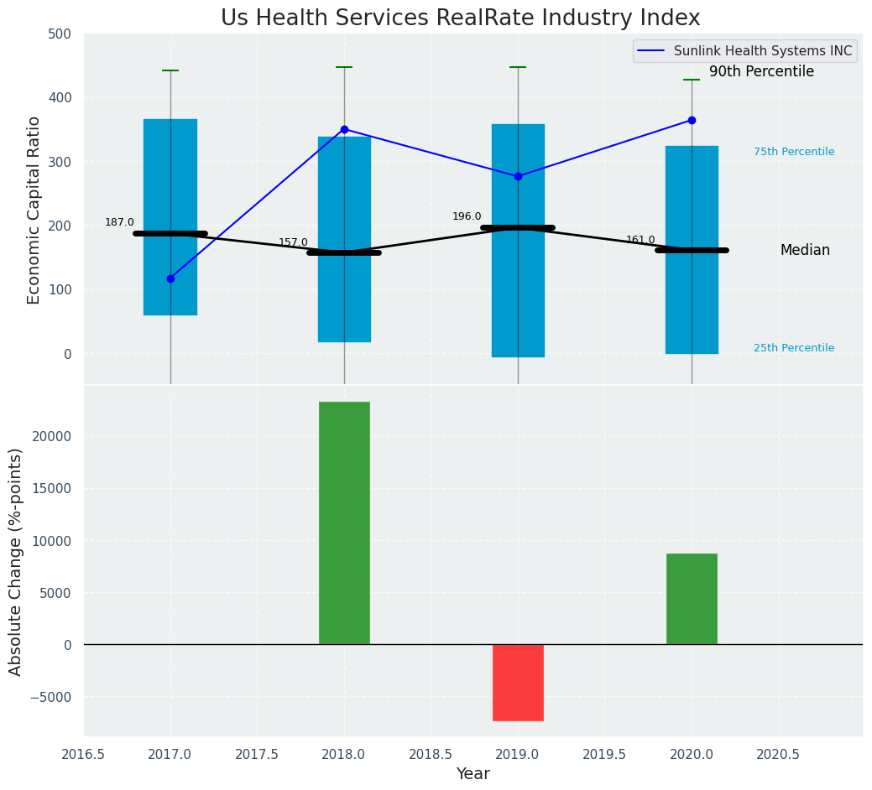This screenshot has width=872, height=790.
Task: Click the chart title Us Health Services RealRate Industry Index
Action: tap(460, 18)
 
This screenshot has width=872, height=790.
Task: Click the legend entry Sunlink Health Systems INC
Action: tap(762, 51)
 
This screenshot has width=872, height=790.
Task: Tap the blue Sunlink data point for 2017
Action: tap(170, 278)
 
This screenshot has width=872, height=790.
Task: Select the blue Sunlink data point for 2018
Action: tap(344, 129)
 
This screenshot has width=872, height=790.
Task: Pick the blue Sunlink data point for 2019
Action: tap(518, 176)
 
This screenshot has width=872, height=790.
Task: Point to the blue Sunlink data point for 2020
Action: tap(692, 120)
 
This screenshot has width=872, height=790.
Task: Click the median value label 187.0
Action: tap(119, 222)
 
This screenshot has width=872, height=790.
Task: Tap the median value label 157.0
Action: tap(293, 242)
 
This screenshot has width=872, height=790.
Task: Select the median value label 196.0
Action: tap(467, 216)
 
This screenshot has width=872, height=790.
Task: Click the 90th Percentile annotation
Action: tap(761, 72)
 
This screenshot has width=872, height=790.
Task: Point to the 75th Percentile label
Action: tap(794, 152)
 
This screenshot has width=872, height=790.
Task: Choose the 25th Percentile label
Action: tap(794, 348)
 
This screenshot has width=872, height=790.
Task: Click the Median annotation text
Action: tap(805, 250)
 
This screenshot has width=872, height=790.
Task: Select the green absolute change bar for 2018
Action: tap(344, 522)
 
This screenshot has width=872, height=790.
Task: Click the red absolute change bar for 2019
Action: tap(518, 682)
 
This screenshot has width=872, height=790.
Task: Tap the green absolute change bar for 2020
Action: tap(692, 599)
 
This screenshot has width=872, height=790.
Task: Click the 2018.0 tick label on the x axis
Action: tap(344, 754)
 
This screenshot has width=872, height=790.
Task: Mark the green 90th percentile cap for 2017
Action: tap(170, 70)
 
